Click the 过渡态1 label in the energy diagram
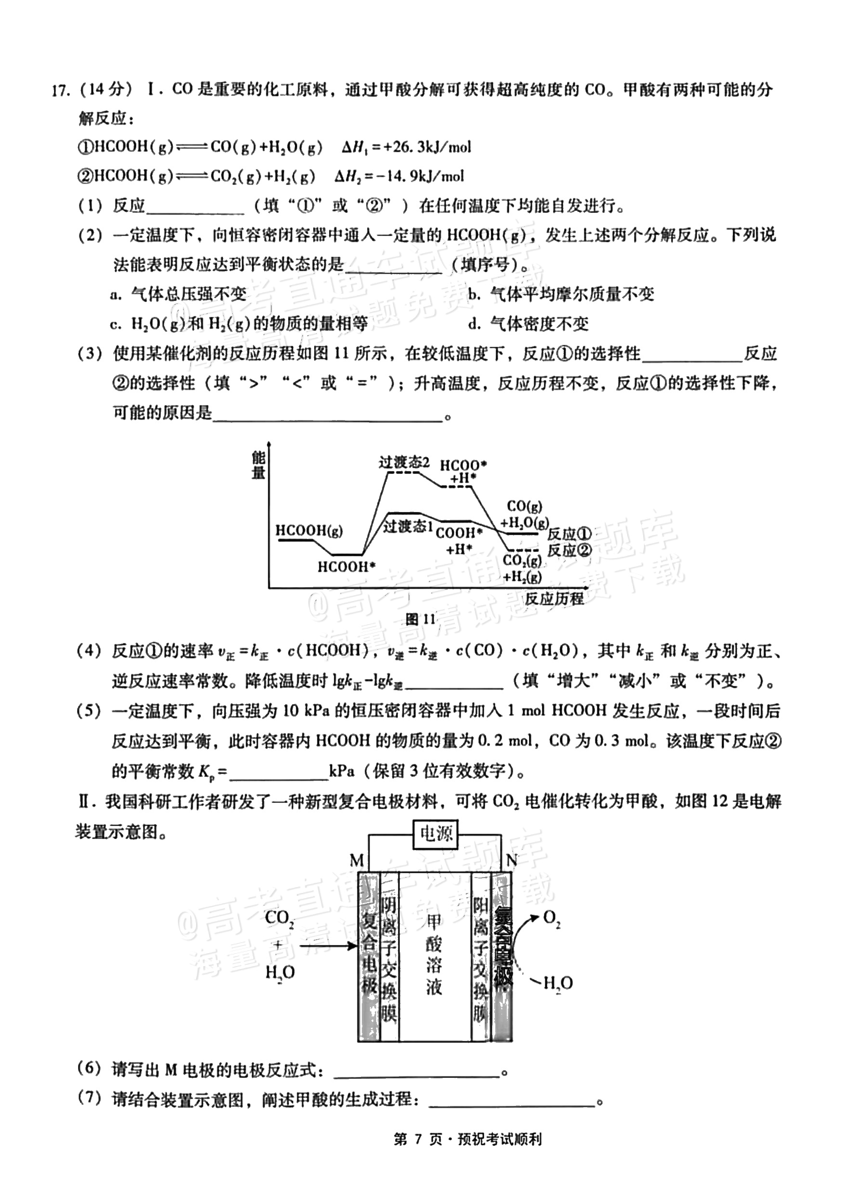click(x=408, y=526)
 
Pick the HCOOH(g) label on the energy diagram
click(x=309, y=531)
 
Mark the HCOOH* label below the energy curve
click(x=346, y=566)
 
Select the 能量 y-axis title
click(x=259, y=465)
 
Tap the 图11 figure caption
click(x=420, y=618)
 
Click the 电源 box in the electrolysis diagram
click(x=436, y=834)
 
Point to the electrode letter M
click(x=357, y=861)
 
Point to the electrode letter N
click(x=512, y=861)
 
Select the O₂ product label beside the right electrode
click(x=552, y=919)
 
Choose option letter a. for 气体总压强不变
click(x=116, y=295)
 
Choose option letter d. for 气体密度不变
click(x=474, y=325)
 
